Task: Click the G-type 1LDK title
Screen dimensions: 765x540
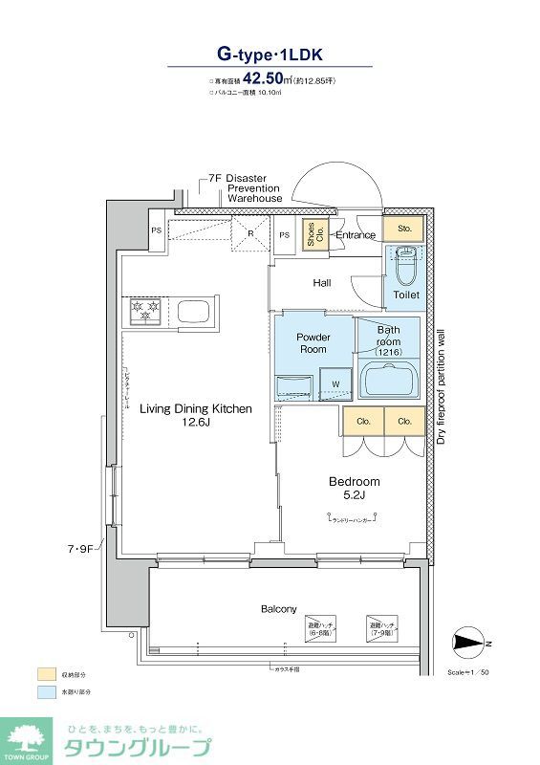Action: coord(270,55)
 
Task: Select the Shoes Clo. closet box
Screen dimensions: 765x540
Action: coord(313,235)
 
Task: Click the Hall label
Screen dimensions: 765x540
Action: coord(322,283)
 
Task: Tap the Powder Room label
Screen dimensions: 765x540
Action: coord(313,343)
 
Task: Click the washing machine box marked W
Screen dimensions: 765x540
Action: coord(335,385)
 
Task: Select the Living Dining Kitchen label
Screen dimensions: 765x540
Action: coord(196,415)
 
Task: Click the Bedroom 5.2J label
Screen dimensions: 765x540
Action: coord(354,488)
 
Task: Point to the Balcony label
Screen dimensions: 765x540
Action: coord(279,609)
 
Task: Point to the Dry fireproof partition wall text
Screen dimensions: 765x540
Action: coord(441,387)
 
